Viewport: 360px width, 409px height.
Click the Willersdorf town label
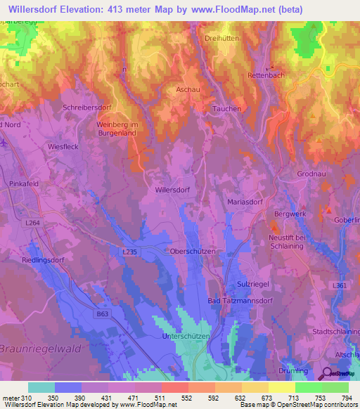click(x=172, y=190)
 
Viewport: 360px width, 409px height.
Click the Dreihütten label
click(x=222, y=39)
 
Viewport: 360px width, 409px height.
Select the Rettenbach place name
click(x=266, y=75)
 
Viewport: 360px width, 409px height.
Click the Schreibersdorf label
click(x=87, y=108)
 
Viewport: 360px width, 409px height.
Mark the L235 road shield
click(x=131, y=251)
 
